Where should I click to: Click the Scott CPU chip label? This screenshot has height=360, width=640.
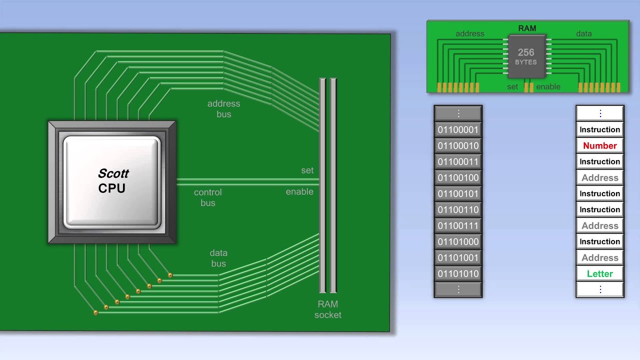pyautogui.click(x=113, y=180)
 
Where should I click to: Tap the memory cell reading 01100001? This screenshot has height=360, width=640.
pyautogui.click(x=458, y=130)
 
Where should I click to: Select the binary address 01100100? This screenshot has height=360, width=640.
pyautogui.click(x=458, y=178)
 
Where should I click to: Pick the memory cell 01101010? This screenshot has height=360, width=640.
pyautogui.click(x=458, y=274)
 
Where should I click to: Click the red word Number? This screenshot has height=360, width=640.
pyautogui.click(x=599, y=146)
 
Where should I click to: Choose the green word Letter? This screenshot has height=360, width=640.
pyautogui.click(x=599, y=274)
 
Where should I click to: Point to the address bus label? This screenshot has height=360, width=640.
pyautogui.click(x=223, y=109)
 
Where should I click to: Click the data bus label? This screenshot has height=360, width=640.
pyautogui.click(x=218, y=258)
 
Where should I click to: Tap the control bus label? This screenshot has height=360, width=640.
pyautogui.click(x=207, y=197)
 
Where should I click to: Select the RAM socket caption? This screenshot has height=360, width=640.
pyautogui.click(x=327, y=309)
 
